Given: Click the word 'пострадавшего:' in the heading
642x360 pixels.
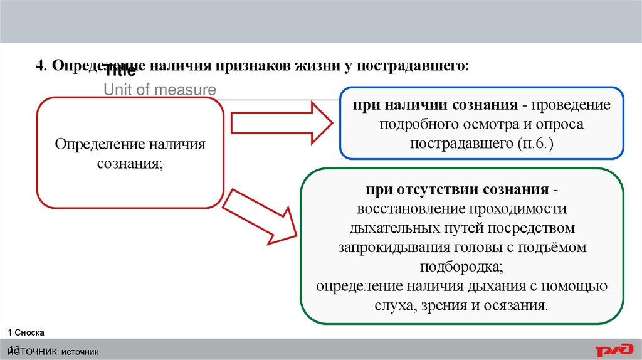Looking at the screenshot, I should (413, 65).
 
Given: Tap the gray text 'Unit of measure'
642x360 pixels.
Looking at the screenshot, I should (159, 90).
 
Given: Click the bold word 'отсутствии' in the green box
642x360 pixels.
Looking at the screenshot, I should (439, 189).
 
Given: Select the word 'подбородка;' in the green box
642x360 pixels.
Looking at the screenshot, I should (462, 266).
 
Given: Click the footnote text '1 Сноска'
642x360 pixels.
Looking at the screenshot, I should (26, 332).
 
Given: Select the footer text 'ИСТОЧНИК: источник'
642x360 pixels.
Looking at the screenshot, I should (53, 351).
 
